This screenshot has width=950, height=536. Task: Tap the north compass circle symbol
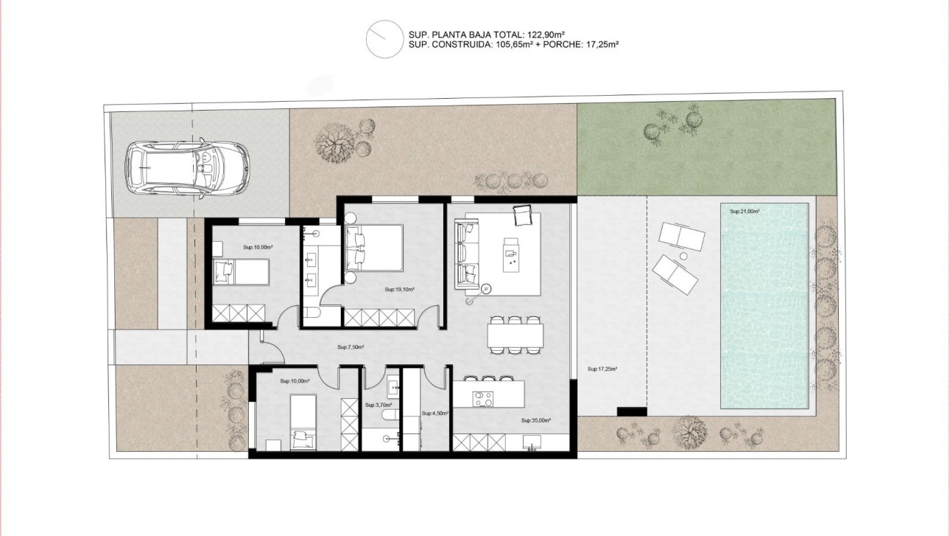point(382,38)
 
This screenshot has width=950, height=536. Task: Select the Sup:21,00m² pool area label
point(745,212)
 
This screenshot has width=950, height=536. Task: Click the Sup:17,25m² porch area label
point(602,369)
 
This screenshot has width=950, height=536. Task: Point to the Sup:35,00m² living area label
point(536,420)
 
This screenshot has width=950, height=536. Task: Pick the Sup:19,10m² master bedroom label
point(399,290)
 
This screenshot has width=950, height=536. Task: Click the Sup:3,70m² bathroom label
point(379,405)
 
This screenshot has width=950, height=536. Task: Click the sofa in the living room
point(466,254)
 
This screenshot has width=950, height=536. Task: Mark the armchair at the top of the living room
point(522,215)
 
